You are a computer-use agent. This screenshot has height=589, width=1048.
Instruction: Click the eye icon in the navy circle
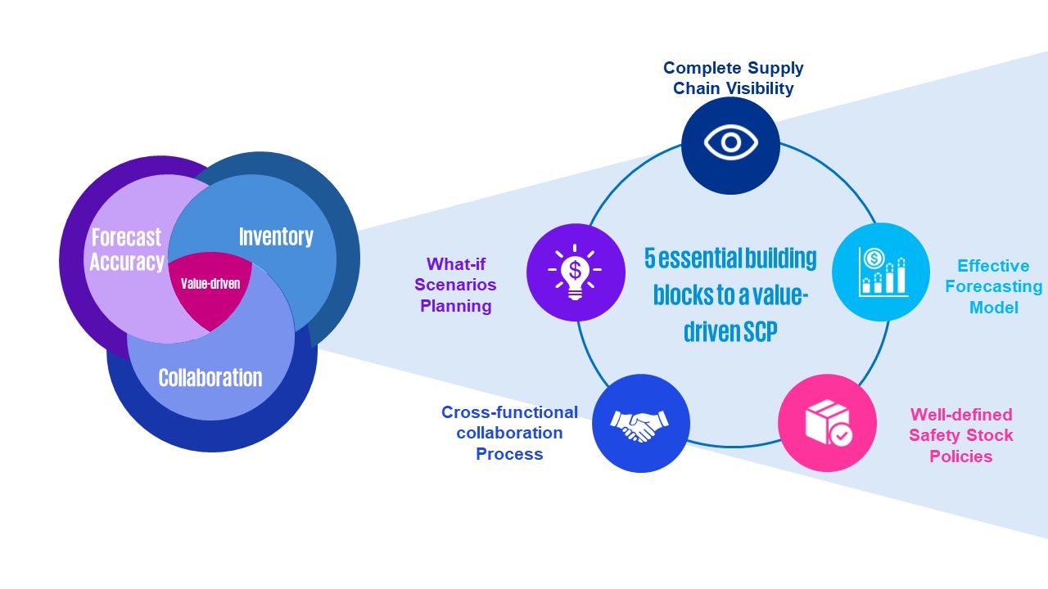(x=730, y=144)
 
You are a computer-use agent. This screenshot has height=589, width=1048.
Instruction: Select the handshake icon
(x=639, y=424)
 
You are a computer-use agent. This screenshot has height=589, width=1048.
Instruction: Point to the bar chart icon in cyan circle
(x=882, y=271)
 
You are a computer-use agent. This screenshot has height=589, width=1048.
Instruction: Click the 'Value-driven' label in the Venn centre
(x=210, y=285)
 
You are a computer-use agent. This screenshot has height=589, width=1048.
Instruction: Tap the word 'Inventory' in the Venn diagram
(x=276, y=237)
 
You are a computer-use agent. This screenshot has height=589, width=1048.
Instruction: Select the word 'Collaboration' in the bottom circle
(x=210, y=378)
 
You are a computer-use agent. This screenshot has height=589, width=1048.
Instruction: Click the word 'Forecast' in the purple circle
(x=126, y=238)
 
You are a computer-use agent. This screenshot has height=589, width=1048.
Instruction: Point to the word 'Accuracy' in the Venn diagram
(x=127, y=262)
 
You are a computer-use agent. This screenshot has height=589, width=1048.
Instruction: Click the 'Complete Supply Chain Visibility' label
(x=733, y=78)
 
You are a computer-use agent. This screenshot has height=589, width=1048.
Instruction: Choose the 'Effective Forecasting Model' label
(x=993, y=286)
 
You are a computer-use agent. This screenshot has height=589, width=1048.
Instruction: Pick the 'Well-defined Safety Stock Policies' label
(x=960, y=435)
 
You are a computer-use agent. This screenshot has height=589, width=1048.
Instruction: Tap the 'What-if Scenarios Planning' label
(x=455, y=285)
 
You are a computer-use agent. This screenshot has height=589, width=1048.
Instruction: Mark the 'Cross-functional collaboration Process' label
(x=509, y=433)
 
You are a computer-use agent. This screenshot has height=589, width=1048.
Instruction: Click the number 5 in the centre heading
(x=650, y=259)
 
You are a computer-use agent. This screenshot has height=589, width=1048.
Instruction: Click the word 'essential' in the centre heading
(x=693, y=259)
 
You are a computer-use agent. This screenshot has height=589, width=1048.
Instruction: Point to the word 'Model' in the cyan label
(x=993, y=308)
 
